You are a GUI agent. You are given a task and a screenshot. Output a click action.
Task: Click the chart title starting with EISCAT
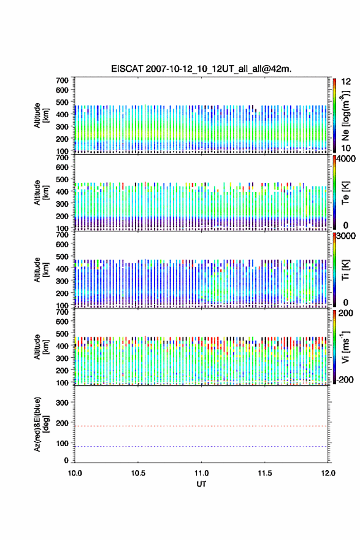(x=201, y=69)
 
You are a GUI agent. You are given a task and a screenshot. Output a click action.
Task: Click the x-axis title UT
(x=201, y=484)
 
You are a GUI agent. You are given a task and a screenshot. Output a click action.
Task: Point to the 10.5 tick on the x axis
(x=138, y=473)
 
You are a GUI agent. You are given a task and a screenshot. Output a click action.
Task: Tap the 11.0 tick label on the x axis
(x=201, y=473)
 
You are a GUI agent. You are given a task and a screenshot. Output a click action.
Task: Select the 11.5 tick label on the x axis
(x=265, y=473)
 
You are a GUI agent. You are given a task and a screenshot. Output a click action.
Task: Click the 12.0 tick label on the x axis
(x=328, y=473)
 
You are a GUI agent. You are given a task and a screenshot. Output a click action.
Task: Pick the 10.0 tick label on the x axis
(x=75, y=473)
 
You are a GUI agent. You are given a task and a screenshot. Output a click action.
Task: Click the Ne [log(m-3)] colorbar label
(x=345, y=115)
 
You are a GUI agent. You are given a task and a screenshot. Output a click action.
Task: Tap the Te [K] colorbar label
(x=345, y=193)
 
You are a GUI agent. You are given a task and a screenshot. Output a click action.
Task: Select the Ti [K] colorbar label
(x=345, y=269)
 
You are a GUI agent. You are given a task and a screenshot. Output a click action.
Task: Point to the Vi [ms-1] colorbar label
(x=345, y=347)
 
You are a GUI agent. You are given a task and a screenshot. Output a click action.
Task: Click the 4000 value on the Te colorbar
(x=346, y=159)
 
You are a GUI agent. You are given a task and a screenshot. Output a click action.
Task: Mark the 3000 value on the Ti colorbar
(x=346, y=236)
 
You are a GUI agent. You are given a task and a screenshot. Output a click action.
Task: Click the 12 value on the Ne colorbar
(x=346, y=82)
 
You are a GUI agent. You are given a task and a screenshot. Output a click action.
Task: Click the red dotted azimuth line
(x=201, y=426)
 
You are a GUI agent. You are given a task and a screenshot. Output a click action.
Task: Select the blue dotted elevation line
(x=201, y=446)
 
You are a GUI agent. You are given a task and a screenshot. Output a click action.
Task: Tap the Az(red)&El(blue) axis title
(x=41, y=424)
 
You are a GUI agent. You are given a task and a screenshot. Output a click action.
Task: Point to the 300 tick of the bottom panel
(x=62, y=403)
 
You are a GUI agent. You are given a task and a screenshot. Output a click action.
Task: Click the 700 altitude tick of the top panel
(x=62, y=80)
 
